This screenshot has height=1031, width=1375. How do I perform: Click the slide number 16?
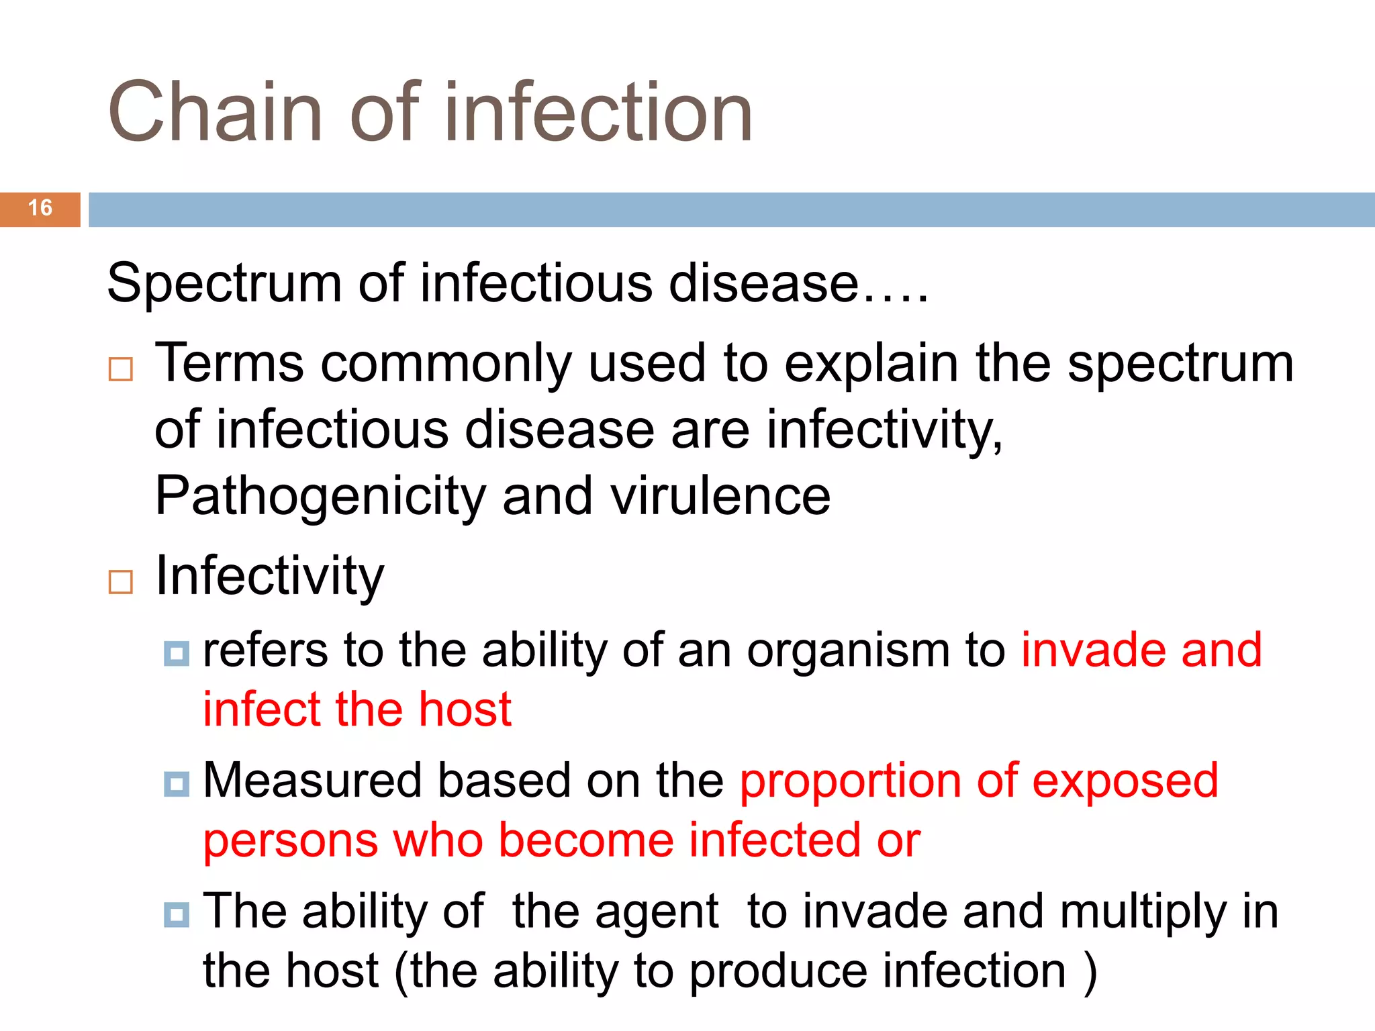coord(40,208)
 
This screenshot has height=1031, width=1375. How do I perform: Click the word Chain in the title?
coord(215,113)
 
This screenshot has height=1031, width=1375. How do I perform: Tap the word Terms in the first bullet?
coord(229,364)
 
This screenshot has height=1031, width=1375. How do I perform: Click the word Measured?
coord(312,781)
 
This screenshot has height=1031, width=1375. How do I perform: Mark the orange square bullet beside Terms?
coord(121,370)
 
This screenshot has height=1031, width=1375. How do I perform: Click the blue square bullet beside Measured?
coord(177,783)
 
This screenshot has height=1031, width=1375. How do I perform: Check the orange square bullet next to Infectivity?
coord(121,582)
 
